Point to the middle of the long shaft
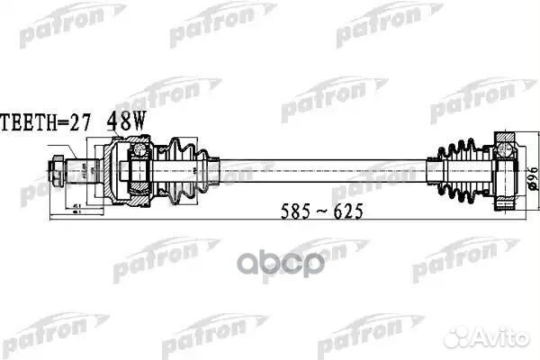click(x=324, y=168)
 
